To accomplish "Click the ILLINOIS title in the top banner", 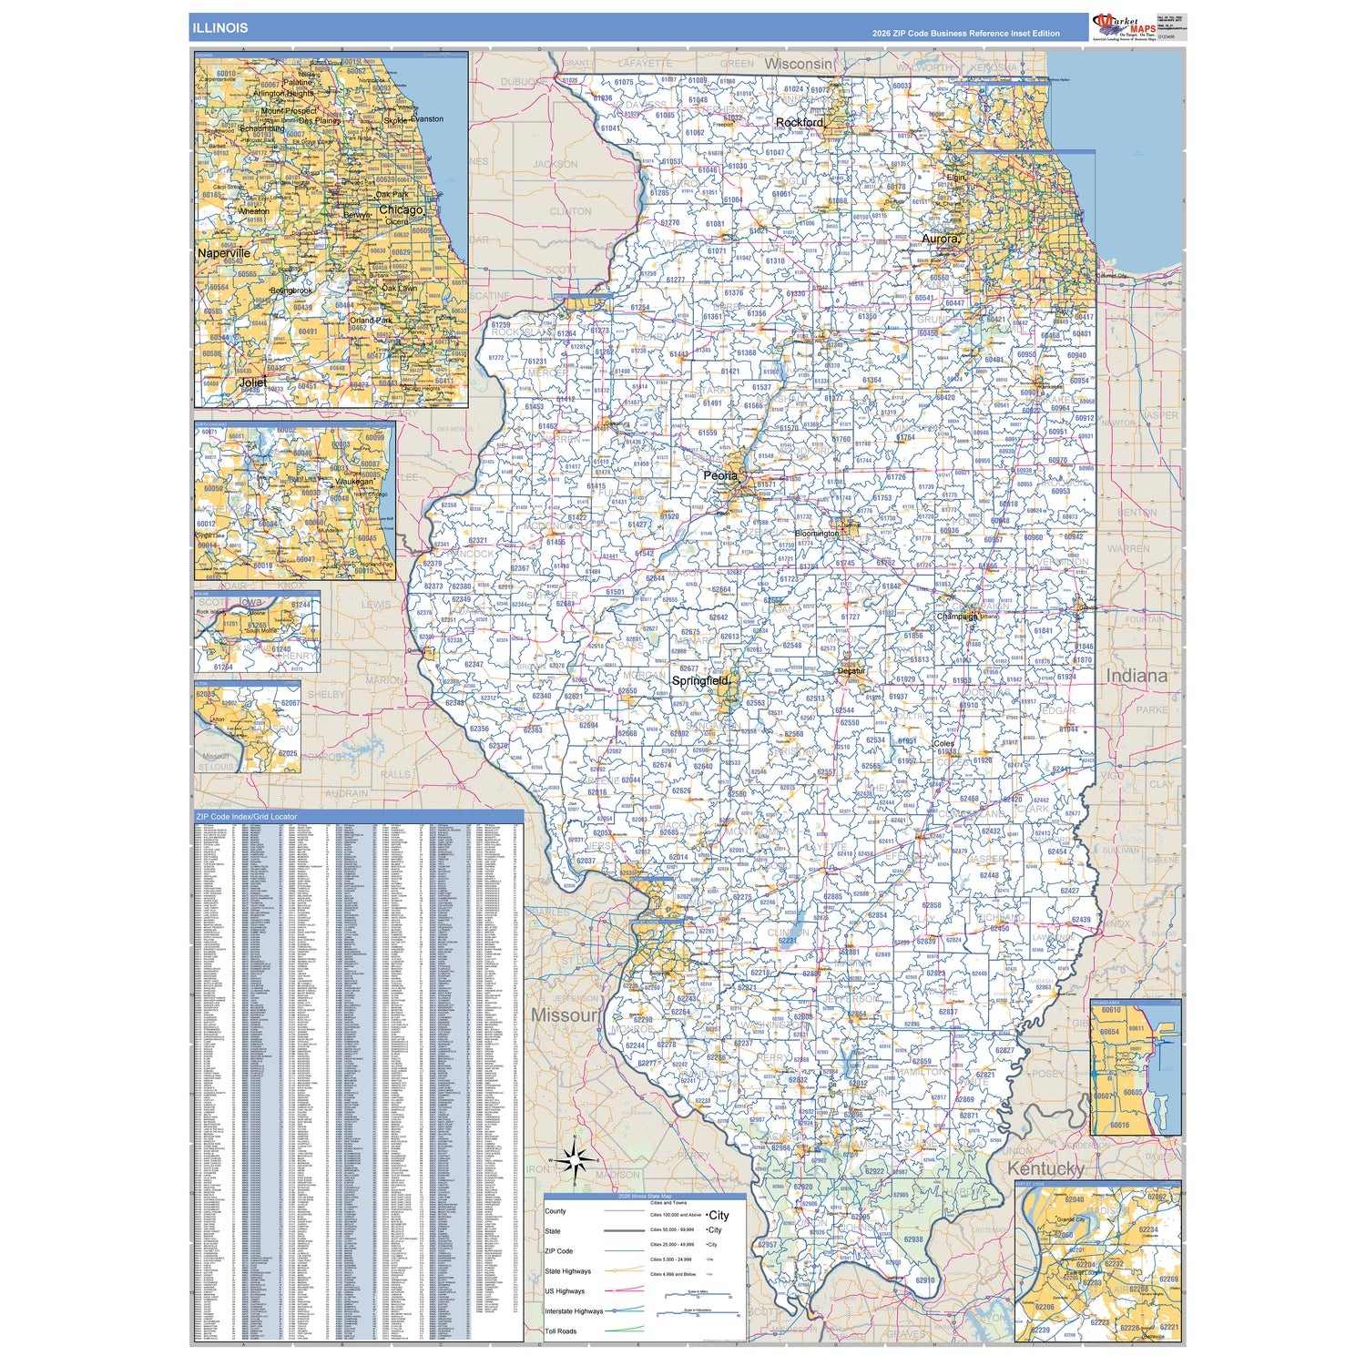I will point(219,27).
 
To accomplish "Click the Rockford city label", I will point(800,122).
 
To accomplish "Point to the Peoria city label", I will point(720,475).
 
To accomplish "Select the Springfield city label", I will point(700,680).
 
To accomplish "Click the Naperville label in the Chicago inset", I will point(224,253).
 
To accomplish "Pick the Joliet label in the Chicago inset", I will point(252,382).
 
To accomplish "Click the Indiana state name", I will point(1137,676).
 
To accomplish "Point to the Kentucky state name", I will point(1045,1168).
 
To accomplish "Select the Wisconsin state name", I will point(798,64).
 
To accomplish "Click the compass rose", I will point(575,1160).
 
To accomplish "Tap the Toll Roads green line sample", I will point(624,1330).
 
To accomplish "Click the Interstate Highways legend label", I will point(574,1311).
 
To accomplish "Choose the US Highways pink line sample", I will point(624,1290).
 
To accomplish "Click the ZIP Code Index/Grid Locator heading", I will point(247,817).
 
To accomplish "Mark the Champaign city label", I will point(956,617).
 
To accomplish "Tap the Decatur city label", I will point(851,671).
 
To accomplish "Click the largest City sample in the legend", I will point(719,1215).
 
